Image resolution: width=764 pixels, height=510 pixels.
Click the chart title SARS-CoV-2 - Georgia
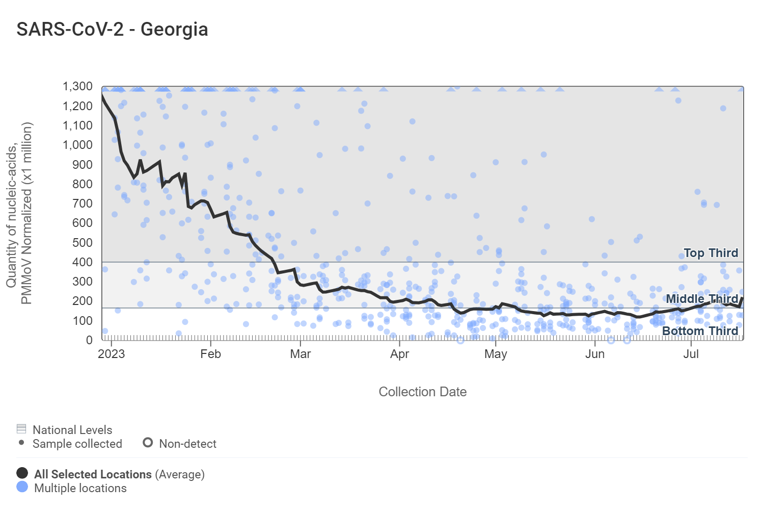112,30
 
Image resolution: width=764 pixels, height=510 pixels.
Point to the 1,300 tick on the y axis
78,86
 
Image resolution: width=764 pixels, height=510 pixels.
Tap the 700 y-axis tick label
83,203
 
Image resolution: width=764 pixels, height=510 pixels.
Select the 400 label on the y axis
83,262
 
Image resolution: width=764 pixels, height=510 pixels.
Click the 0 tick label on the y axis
89,340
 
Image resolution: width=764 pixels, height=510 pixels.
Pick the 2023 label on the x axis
111,354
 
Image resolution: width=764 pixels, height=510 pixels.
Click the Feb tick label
210,354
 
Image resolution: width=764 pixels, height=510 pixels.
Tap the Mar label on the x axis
301,354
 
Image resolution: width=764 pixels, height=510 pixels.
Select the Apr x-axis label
400,354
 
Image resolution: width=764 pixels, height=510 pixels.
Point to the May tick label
496,354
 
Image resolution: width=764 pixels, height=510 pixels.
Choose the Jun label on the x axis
595,354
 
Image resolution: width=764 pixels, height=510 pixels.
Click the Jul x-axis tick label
691,354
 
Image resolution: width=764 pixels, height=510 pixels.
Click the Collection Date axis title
422,392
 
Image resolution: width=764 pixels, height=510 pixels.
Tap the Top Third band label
711,253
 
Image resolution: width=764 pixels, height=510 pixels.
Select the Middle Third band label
702,299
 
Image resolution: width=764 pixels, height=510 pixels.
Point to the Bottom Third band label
700,331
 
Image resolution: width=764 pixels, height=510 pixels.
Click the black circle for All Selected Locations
22,473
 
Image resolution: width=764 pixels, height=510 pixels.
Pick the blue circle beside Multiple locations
22,487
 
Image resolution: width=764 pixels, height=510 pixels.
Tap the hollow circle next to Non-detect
148,443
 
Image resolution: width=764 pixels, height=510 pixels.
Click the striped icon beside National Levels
21,428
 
